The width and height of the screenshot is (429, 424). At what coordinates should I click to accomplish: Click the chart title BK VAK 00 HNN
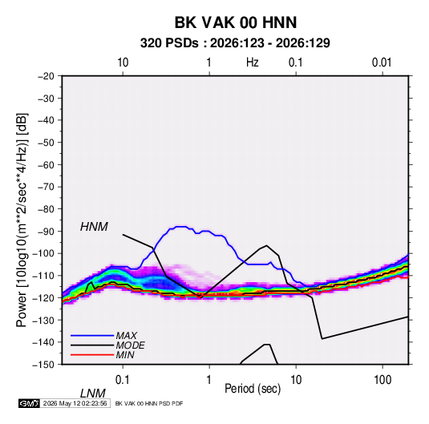(236, 22)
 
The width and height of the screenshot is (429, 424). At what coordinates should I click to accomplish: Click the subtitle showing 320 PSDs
(235, 43)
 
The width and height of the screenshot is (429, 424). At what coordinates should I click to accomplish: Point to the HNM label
(94, 227)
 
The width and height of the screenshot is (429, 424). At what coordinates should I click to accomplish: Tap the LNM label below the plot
(93, 394)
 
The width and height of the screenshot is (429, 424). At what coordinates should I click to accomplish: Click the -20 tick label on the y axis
(46, 76)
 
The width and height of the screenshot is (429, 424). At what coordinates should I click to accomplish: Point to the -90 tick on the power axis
(46, 232)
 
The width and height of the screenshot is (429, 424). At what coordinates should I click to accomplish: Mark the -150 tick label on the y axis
(43, 365)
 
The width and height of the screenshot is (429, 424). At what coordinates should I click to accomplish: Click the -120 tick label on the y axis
(43, 298)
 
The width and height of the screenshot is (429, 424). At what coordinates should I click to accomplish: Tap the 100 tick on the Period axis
(382, 380)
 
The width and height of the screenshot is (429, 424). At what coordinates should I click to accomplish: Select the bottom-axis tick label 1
(209, 380)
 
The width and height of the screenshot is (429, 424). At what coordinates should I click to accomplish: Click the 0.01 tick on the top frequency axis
(382, 63)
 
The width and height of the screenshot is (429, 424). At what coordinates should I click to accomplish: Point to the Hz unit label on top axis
(253, 63)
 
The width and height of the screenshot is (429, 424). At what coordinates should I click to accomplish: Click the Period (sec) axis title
(253, 389)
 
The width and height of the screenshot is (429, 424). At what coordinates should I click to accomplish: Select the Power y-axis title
(22, 220)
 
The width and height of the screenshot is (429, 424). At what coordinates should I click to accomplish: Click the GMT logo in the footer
(29, 403)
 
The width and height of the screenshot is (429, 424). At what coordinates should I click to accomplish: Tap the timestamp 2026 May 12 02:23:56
(75, 403)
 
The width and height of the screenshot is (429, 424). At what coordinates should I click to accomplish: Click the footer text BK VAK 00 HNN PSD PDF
(149, 403)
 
